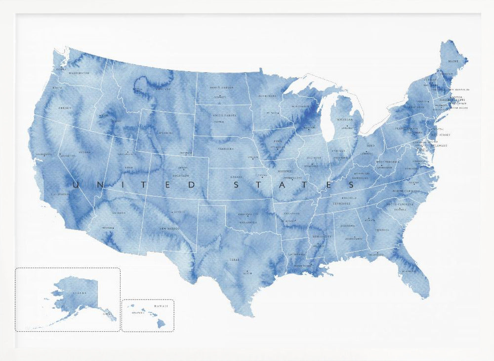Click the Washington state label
click(x=79, y=73)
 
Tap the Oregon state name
click(x=65, y=108)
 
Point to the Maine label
click(x=453, y=61)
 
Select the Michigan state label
click(x=345, y=120)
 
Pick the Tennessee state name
click(x=341, y=203)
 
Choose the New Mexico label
click(x=169, y=229)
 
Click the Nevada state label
click(x=84, y=152)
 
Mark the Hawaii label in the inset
click(x=161, y=306)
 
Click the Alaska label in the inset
click(x=79, y=293)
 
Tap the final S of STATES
click(x=351, y=185)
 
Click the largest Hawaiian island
click(x=161, y=323)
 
